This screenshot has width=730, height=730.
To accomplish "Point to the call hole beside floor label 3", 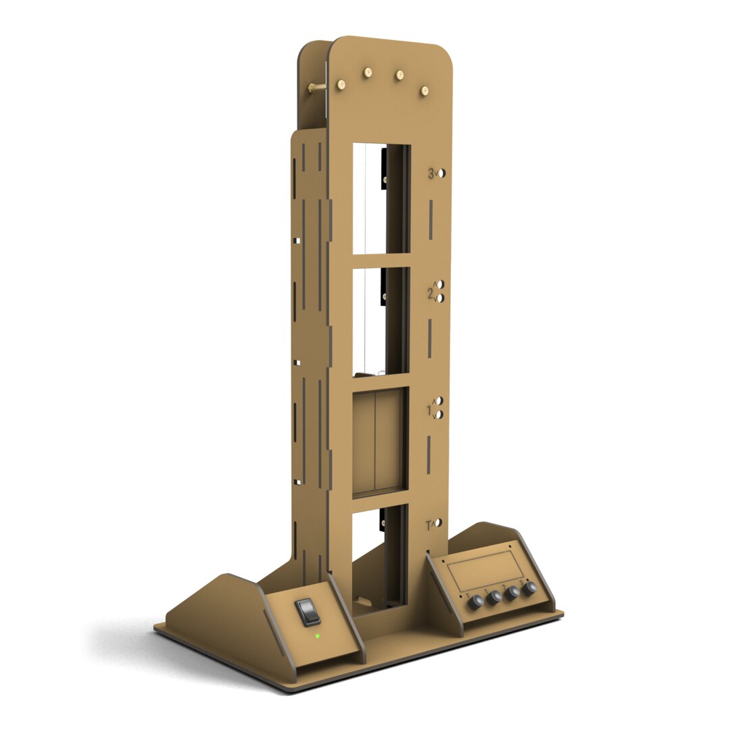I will pyautogui.click(x=441, y=173).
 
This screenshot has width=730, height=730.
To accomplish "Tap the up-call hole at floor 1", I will pyautogui.click(x=439, y=401).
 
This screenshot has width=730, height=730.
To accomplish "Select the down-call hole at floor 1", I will pyautogui.click(x=439, y=414).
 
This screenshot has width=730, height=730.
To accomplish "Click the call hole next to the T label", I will pyautogui.click(x=439, y=523).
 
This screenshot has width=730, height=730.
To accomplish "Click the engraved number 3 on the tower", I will pyautogui.click(x=431, y=174).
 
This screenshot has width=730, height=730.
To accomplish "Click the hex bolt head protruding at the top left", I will pyautogui.click(x=314, y=88).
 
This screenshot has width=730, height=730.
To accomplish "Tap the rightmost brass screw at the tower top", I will pyautogui.click(x=424, y=91).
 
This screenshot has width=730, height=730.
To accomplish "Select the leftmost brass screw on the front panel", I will pyautogui.click(x=342, y=83).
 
